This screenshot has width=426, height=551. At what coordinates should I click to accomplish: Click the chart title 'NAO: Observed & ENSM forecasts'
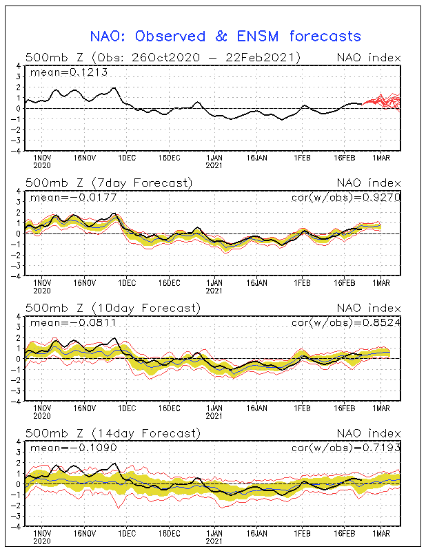coord(225,37)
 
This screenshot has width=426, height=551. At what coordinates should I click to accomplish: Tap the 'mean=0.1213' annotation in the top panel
coord(69,72)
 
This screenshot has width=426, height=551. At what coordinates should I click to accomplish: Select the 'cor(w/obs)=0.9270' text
coord(346,198)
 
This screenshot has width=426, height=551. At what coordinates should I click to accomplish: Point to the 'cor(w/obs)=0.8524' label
coord(346,322)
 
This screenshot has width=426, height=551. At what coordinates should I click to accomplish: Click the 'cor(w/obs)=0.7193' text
coord(346,448)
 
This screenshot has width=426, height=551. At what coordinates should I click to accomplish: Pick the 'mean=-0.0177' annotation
coord(74,198)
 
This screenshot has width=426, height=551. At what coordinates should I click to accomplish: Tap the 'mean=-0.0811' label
coord(74,322)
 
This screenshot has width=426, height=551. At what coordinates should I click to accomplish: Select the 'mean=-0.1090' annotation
coord(74,448)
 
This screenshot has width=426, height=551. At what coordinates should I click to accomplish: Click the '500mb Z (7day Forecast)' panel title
coord(109,183)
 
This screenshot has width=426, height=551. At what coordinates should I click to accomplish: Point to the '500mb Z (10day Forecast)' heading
coord(113,308)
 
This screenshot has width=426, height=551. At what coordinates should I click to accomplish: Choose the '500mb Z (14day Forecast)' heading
coord(113,433)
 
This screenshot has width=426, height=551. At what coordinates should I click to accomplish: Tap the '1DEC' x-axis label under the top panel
coord(127,158)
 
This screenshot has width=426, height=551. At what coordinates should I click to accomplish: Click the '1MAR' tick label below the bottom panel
coord(381,533)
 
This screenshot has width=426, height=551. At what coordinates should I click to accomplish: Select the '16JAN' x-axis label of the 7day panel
coord(257,283)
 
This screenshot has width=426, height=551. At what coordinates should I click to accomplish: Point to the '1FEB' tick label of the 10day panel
coord(302,408)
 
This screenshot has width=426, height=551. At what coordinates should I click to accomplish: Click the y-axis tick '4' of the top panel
coord(19,65)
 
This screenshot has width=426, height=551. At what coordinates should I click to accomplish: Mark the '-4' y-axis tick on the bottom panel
coord(16,527)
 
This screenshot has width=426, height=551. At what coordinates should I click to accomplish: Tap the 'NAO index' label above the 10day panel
coord(369,308)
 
